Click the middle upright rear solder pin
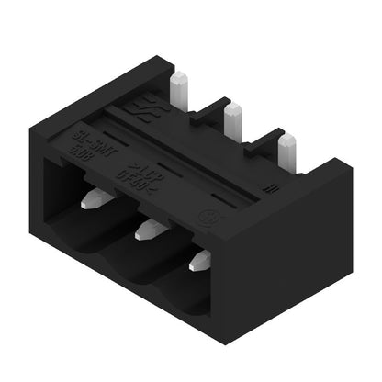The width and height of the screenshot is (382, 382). pyautogui.click(x=233, y=118)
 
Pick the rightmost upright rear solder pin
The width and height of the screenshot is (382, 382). pyautogui.click(x=287, y=147)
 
